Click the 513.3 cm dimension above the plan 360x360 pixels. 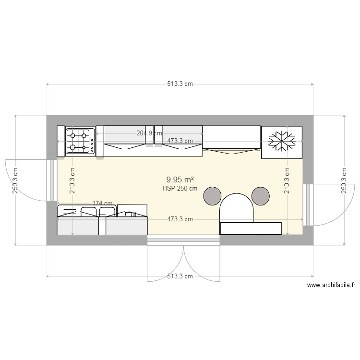coord(180,84)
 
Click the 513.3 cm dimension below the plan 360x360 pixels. coord(180,276)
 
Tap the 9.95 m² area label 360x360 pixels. coord(180,180)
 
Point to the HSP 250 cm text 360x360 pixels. coord(180,189)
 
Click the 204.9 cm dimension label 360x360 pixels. coord(149,133)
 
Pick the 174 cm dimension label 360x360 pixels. coord(102,204)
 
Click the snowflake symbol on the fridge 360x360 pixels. coord(282,140)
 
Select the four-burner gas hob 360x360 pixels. coord(80,141)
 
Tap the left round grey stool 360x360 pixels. coord(212,195)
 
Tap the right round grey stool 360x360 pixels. coord(261,195)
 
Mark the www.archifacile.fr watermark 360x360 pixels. coord(331,286)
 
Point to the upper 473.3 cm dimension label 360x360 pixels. coord(180,141)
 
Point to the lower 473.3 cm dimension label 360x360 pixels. coord(180,219)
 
